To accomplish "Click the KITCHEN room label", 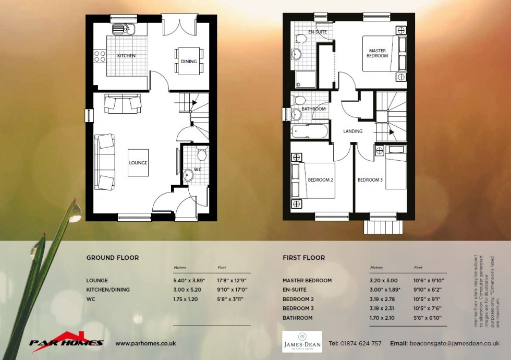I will (x=126, y=56).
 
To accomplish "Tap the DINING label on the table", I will (x=189, y=62).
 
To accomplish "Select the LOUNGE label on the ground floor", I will (x=138, y=163).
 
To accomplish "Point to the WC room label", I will (x=198, y=170).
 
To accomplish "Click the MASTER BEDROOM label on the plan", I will (x=377, y=53).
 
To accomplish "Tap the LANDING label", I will (x=353, y=131).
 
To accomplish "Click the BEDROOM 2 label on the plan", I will (x=320, y=180).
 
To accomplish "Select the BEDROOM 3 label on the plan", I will (x=370, y=180).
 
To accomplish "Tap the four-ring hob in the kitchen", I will (x=100, y=56).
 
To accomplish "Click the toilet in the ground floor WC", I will (x=201, y=153).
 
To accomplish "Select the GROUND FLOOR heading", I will (x=112, y=258).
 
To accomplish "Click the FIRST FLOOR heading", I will (x=303, y=258).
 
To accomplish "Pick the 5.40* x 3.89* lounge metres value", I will (x=189, y=281).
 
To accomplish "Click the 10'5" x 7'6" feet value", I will (x=428, y=309).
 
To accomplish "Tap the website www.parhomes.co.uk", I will (x=145, y=343).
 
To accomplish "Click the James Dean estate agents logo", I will (x=302, y=342).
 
